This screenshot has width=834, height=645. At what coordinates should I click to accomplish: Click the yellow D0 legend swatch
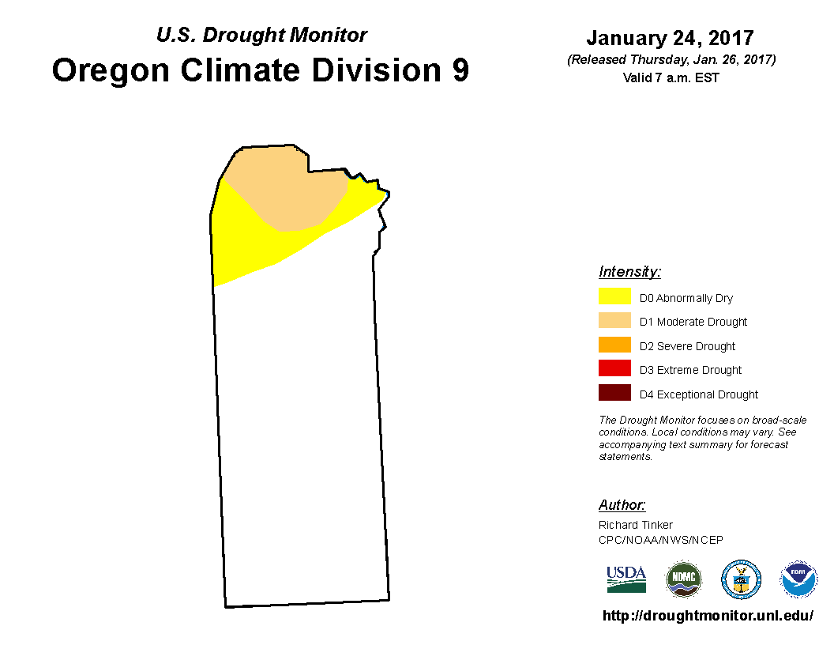[x=614, y=296]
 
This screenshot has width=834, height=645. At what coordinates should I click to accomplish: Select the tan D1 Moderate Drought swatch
[x=614, y=320]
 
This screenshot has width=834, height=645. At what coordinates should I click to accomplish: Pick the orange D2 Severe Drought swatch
[x=614, y=345]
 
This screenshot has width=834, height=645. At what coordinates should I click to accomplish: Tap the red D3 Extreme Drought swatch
[x=614, y=368]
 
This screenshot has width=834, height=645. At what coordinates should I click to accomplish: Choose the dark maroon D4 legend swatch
[x=614, y=392]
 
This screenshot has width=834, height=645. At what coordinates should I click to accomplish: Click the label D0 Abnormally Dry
[x=686, y=298]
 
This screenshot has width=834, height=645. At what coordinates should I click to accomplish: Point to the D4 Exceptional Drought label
[x=699, y=394]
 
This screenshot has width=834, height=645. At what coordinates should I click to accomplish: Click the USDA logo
[x=626, y=579]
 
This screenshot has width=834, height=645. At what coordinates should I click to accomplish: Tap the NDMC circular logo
[x=684, y=579]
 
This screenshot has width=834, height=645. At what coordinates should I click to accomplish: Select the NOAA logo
[x=798, y=579]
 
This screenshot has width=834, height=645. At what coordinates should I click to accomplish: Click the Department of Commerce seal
[x=741, y=579]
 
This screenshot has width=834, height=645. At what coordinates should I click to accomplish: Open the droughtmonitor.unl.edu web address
[x=708, y=616]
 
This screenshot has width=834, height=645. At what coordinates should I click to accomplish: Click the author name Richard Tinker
[x=636, y=525]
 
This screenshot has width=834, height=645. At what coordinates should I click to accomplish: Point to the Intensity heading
[x=629, y=271]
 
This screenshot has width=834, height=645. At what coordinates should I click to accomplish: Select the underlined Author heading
[x=622, y=504]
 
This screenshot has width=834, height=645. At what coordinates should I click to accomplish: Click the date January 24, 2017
[x=671, y=38]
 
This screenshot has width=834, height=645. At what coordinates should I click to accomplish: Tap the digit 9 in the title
[x=460, y=70]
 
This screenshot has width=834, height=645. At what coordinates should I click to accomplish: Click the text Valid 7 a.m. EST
[x=671, y=77]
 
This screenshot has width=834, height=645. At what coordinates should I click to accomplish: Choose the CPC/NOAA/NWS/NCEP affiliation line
[x=660, y=540]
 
